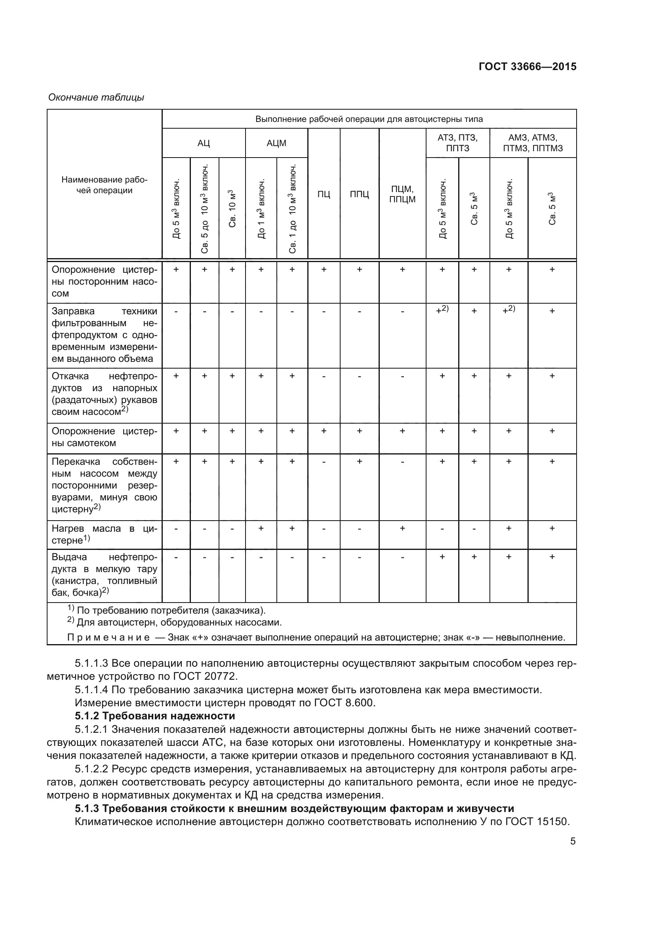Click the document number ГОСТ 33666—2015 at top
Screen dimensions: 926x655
pyautogui.click(x=527, y=67)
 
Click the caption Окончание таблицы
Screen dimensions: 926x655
pyautogui.click(x=96, y=98)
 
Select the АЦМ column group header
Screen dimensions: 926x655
pyautogui.click(x=276, y=143)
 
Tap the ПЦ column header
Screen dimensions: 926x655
pyautogui.click(x=324, y=194)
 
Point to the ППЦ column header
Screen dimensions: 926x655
pyautogui.click(x=359, y=194)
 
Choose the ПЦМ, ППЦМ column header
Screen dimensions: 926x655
pyautogui.click(x=402, y=194)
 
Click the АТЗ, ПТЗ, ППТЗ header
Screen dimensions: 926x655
pyautogui.click(x=457, y=143)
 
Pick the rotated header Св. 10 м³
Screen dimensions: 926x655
pyautogui.click(x=232, y=208)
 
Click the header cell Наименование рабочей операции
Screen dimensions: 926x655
pyautogui.click(x=105, y=185)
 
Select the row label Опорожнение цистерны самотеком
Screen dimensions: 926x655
pyautogui.click(x=105, y=437)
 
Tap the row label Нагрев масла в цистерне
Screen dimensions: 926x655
pyautogui.click(x=105, y=534)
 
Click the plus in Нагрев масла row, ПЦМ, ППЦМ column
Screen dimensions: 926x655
pyautogui.click(x=402, y=528)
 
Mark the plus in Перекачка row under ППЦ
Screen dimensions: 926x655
pyautogui.click(x=359, y=461)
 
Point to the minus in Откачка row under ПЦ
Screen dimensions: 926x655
pyautogui.click(x=324, y=376)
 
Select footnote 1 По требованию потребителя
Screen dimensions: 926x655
pyautogui.click(x=166, y=610)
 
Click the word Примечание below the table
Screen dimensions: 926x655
pyautogui.click(x=109, y=638)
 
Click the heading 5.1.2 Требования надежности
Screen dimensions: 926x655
pyautogui.click(x=155, y=716)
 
